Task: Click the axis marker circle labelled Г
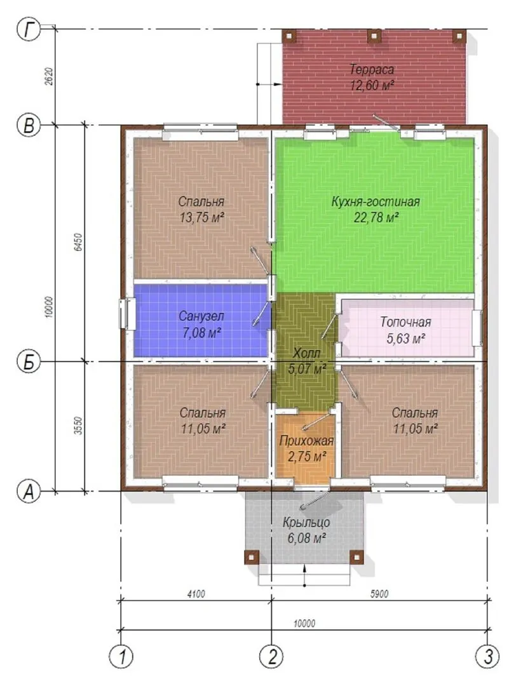pos(29,29)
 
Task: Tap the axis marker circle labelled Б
pos(29,362)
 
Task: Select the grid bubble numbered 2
pos(272,656)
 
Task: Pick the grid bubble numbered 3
pos(487,656)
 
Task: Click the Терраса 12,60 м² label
pos(372,77)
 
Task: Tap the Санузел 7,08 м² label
pos(201,324)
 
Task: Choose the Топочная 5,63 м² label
pos(405,330)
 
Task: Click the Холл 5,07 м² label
pos(307,361)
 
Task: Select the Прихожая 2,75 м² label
pos(306,448)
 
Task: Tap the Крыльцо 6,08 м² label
pos(306,530)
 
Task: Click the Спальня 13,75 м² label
pos(201,209)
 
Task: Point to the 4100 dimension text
pos(196,594)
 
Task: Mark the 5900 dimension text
pos(379,594)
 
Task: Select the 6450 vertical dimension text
pos(79,241)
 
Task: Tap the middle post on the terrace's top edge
pos(373,36)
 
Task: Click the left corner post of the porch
pos(252,557)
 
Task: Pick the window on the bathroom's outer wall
pos(126,313)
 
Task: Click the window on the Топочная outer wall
pos(478,327)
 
